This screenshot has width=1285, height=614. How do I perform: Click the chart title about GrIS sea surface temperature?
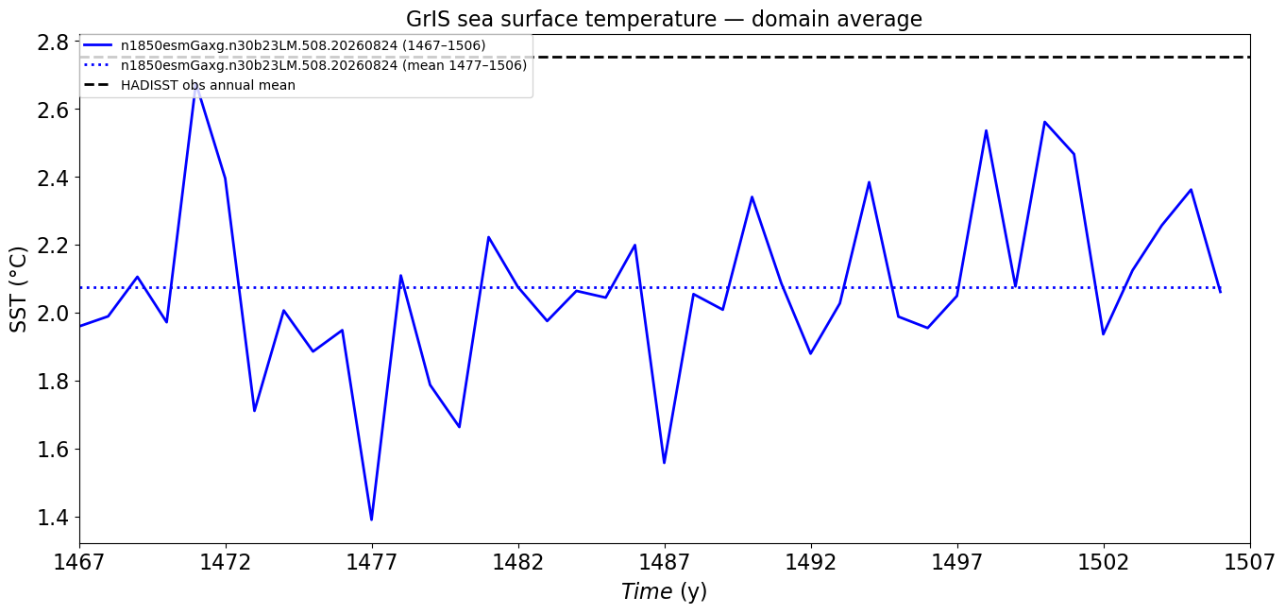664,19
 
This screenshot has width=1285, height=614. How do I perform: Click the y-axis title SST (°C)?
18,289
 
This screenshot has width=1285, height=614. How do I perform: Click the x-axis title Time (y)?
664,591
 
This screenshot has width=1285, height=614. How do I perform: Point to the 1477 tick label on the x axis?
372,562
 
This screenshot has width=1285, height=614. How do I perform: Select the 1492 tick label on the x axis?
811,562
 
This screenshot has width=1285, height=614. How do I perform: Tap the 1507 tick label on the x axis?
1249,562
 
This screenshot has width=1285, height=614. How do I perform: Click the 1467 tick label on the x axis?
79,562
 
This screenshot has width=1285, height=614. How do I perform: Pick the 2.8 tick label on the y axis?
53,43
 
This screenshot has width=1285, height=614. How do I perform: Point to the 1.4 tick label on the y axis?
53,518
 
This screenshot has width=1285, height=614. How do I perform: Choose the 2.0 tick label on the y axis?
53,314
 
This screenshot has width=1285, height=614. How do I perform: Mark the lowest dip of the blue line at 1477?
372,520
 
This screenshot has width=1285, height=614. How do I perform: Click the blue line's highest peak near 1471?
196,85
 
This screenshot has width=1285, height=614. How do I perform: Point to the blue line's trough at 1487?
665,463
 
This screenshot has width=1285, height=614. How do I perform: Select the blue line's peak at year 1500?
1044,122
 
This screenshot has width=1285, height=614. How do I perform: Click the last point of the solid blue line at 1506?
1220,293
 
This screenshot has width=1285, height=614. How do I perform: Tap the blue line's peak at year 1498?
986,130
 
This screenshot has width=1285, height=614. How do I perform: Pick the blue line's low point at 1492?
811,353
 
